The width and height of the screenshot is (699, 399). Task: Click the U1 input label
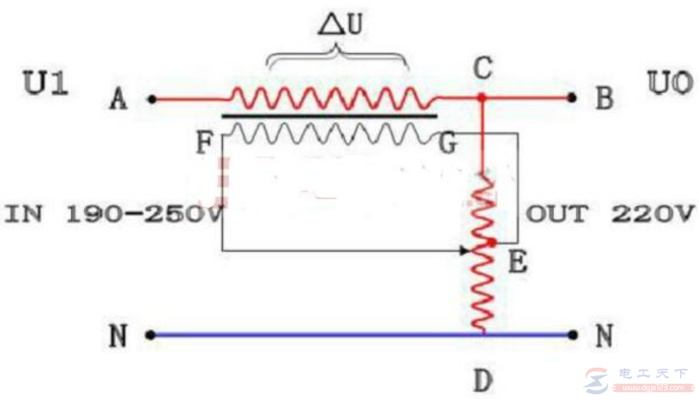pyautogui.click(x=46, y=84)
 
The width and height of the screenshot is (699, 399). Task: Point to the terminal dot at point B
pyautogui.click(x=573, y=99)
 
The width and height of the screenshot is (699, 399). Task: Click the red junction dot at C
pyautogui.click(x=482, y=98)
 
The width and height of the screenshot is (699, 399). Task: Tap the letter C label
pyautogui.click(x=482, y=68)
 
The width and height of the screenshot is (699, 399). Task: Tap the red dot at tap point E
pyautogui.click(x=491, y=243)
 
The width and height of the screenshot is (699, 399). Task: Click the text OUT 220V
pyautogui.click(x=610, y=214)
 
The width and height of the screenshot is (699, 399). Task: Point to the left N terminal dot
pyautogui.click(x=149, y=335)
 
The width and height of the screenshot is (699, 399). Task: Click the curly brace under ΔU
pyautogui.click(x=338, y=57)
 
